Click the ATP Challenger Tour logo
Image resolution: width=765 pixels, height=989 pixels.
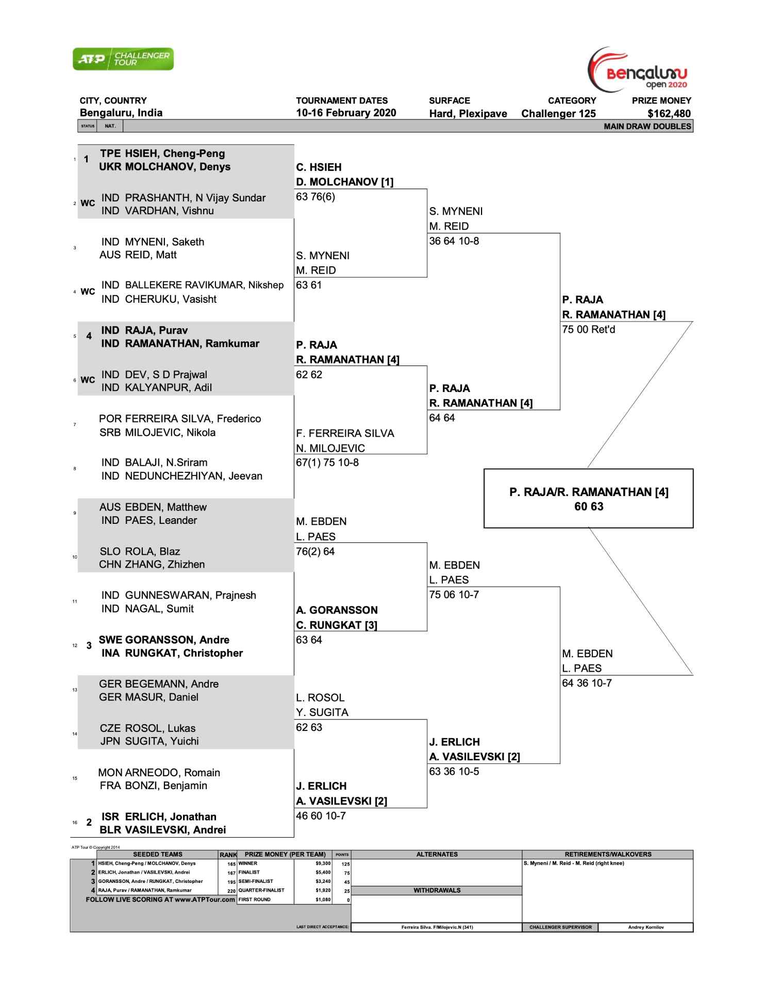(123, 59)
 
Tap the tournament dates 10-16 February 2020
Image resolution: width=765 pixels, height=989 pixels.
(346, 113)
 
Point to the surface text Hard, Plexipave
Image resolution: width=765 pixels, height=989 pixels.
(468, 114)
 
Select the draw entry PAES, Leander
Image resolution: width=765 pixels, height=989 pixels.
(161, 520)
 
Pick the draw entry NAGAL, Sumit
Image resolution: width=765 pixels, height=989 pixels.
(159, 609)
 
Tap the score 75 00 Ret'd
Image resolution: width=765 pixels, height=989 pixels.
(588, 330)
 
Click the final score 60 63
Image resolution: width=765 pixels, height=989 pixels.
(589, 507)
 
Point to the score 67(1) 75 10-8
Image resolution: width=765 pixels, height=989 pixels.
(327, 463)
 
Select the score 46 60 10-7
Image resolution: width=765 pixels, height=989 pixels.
(321, 816)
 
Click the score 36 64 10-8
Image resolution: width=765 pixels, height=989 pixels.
(454, 241)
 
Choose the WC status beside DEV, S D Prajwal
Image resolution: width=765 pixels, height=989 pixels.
(88, 380)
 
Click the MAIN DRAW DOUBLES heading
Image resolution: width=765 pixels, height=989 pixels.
(647, 126)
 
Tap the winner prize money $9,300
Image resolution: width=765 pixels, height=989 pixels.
(322, 863)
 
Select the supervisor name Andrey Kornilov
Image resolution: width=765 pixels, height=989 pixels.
(645, 927)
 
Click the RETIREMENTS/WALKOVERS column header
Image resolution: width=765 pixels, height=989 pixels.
(608, 855)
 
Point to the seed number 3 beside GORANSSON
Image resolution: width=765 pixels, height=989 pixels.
(89, 646)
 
